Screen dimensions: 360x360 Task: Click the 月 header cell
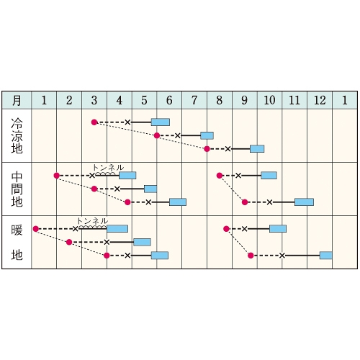(x=17, y=100)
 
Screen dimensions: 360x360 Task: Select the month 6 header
(x=169, y=100)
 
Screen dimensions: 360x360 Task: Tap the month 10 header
(x=269, y=100)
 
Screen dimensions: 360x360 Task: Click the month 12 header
(x=320, y=100)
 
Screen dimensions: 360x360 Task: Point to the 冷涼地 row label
(x=17, y=135)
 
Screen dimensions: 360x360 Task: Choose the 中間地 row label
(x=17, y=189)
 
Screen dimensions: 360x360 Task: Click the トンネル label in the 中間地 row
(x=108, y=168)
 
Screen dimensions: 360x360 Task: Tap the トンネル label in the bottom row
(x=93, y=221)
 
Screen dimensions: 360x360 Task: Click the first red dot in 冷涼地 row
(x=94, y=122)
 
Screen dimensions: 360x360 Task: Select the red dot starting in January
(x=36, y=229)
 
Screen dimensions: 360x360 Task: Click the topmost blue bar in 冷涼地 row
(x=161, y=122)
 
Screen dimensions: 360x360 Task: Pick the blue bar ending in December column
(x=325, y=256)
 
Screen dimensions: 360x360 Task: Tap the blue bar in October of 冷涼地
(x=257, y=149)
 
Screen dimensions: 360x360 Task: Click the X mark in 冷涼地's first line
(x=127, y=122)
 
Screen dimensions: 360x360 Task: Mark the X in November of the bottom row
(x=282, y=256)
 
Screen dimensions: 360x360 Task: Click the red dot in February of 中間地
(x=57, y=176)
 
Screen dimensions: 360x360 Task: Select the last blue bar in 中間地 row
(x=304, y=202)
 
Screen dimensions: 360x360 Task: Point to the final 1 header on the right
(x=345, y=100)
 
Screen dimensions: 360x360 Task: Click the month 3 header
(x=94, y=100)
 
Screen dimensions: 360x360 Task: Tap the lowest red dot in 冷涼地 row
(x=207, y=149)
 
